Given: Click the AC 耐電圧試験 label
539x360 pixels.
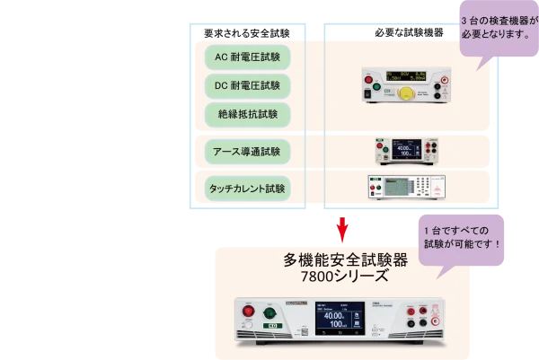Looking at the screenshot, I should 248,57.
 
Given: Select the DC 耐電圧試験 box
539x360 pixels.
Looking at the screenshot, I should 248,86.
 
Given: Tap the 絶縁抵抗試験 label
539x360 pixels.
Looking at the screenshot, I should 248,115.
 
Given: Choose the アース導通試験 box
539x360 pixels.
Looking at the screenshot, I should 248,150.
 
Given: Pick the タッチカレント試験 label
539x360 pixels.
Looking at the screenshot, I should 248,189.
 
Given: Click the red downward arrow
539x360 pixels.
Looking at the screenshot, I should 341,229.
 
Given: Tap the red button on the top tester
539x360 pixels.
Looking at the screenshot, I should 367,89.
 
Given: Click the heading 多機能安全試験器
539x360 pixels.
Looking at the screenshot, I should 345,260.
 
